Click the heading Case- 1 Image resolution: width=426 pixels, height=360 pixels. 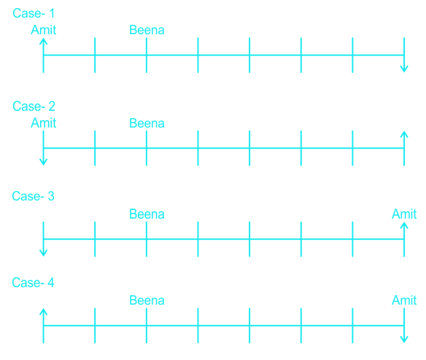click(x=34, y=13)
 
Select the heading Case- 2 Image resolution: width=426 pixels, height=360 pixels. click(x=34, y=106)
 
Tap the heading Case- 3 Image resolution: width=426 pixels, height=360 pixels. click(x=33, y=196)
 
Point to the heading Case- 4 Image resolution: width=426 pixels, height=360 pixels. click(x=33, y=283)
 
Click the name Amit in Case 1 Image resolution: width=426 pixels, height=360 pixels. click(x=44, y=30)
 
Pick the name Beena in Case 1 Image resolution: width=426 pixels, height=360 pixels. click(x=147, y=30)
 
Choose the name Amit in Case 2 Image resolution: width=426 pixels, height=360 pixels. click(x=44, y=123)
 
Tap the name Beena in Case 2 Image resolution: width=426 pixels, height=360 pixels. click(x=147, y=123)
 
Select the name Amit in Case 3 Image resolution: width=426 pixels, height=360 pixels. click(x=404, y=214)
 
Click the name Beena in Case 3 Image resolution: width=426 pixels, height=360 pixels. click(x=147, y=214)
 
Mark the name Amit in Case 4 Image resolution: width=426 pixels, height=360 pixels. click(x=404, y=300)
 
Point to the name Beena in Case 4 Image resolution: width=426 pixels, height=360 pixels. click(x=147, y=300)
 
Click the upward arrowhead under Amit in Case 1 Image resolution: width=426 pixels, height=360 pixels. click(x=44, y=41)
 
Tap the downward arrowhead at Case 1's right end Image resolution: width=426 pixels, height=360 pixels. click(x=404, y=69)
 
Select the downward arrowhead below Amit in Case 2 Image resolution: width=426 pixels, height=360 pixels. click(x=44, y=162)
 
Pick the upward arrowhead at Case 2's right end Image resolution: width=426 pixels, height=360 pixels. click(x=404, y=134)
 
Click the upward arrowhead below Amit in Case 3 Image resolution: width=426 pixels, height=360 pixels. click(x=404, y=225)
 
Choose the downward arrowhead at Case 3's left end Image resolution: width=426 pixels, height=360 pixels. click(x=44, y=253)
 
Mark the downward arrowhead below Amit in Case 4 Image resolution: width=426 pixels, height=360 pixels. click(x=404, y=340)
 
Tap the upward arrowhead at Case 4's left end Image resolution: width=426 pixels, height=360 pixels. click(x=44, y=311)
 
